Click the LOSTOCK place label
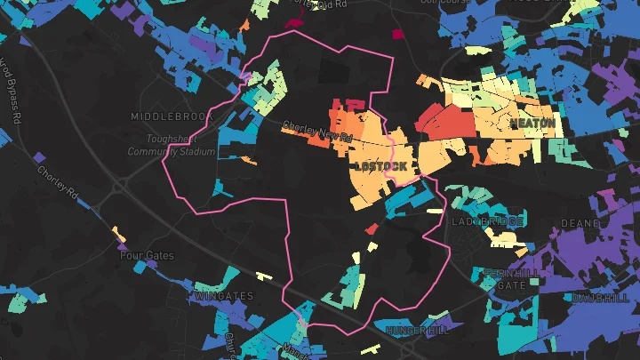[x=380, y=166]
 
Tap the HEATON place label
[x=532, y=121]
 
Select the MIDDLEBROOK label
[x=168, y=116]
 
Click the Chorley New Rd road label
[x=317, y=132]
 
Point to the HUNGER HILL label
[x=420, y=330]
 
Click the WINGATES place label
[x=224, y=295]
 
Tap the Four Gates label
[x=147, y=255]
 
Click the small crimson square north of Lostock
[x=397, y=35]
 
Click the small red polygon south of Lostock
[x=372, y=229]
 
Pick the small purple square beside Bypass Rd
[x=38, y=157]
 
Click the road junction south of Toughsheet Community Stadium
[x=119, y=186]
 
